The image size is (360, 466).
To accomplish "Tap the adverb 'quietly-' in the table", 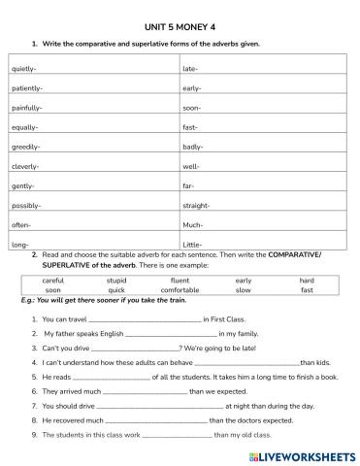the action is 24,69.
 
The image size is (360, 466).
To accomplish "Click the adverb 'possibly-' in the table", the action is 26,206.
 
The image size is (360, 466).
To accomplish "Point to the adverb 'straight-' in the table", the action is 197,206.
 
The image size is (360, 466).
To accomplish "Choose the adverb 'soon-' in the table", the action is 192,108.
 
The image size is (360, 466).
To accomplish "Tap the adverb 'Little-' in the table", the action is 193,245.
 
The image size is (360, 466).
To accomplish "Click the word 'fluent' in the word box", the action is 180,281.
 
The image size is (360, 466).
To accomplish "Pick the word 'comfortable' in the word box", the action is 180,290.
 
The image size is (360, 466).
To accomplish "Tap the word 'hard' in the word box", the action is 307,281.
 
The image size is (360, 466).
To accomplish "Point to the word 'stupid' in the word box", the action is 116,281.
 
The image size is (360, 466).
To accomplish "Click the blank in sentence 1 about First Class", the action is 145,318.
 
